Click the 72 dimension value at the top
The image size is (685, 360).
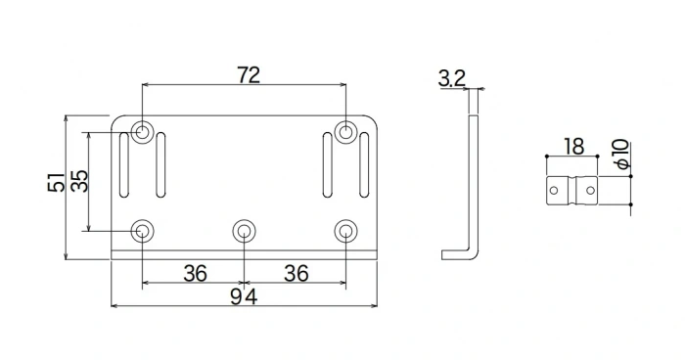point(248,75)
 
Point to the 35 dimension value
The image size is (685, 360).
point(79,181)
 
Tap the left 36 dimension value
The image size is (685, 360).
point(195,273)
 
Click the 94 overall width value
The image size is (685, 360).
point(245,297)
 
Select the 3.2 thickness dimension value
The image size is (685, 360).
point(452,79)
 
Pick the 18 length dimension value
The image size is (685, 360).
point(573,147)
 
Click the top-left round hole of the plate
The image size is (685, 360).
point(144,132)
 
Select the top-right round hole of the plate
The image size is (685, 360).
point(344,132)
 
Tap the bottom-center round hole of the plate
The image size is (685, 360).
point(244,231)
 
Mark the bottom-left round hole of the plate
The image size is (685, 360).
point(144,231)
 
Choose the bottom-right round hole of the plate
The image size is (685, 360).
point(344,231)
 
